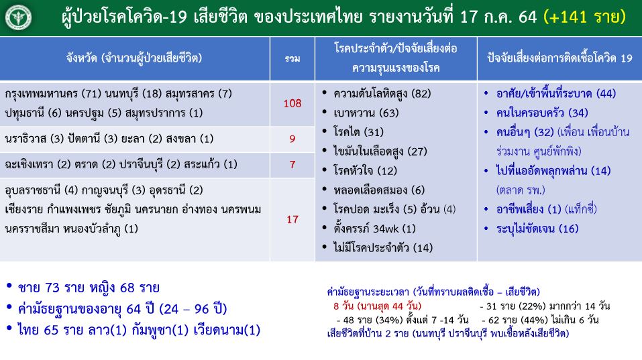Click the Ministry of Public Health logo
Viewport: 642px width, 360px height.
point(18,17)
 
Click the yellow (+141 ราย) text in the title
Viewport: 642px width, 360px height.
point(585,17)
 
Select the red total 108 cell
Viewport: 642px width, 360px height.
point(292,103)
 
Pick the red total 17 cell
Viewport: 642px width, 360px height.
point(292,220)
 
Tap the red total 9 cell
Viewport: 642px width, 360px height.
point(292,139)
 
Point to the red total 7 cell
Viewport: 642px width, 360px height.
point(292,165)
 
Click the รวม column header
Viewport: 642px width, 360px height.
point(292,59)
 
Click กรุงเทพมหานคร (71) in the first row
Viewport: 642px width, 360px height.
point(53,94)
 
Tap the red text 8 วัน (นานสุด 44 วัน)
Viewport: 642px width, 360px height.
point(377,306)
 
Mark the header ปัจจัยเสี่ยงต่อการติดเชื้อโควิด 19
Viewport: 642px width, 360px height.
point(559,58)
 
